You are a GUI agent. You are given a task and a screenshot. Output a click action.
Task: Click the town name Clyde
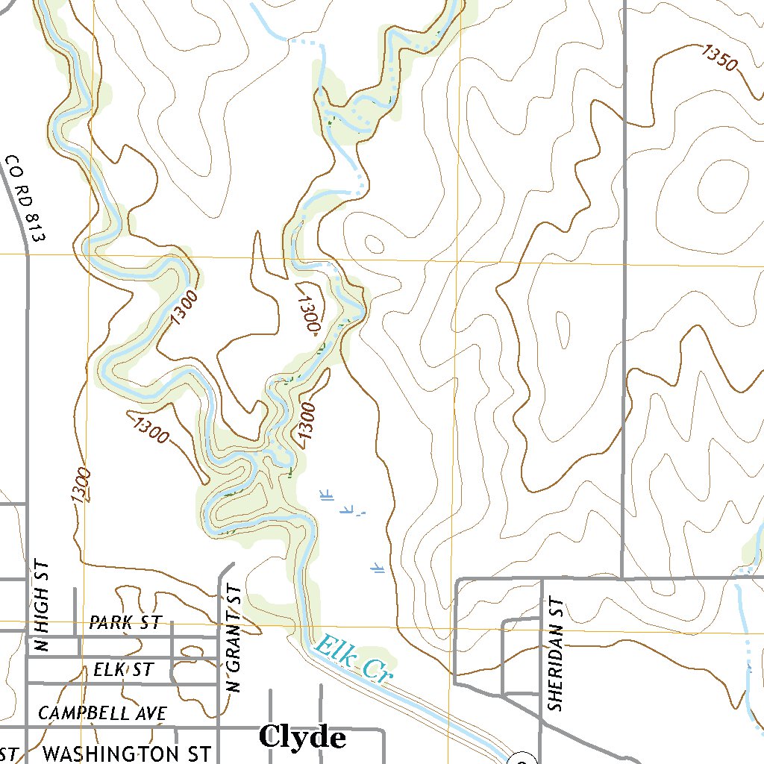302,737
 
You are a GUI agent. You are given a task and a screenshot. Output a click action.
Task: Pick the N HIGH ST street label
41,606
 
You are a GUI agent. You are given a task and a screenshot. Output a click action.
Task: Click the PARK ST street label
125,623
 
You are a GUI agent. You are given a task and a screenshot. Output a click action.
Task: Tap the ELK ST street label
123,669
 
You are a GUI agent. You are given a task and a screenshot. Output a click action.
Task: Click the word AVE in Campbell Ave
151,713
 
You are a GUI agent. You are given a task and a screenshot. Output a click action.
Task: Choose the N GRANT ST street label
234,639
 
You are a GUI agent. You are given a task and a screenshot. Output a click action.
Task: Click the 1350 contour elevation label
719,57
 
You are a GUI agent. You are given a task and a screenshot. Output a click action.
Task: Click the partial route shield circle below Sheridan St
519,759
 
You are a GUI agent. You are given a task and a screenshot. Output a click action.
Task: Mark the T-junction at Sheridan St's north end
542,578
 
